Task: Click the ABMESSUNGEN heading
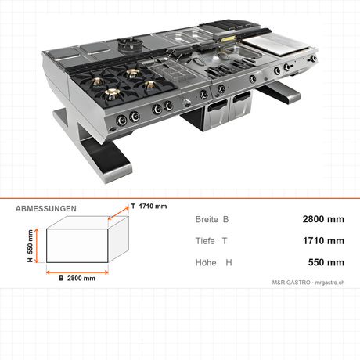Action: click(x=46, y=209)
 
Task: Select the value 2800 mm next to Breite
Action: click(x=323, y=219)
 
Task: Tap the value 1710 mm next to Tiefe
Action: click(x=323, y=241)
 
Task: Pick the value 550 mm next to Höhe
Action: click(x=326, y=262)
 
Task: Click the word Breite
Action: click(x=207, y=219)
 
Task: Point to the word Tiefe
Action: click(x=205, y=241)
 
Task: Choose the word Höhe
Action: click(x=206, y=262)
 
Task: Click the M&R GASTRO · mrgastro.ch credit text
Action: click(x=308, y=283)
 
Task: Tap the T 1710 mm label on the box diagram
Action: click(x=149, y=207)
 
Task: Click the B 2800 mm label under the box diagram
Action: click(x=77, y=279)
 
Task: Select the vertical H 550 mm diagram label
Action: click(x=31, y=246)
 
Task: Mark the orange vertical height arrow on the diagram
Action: click(x=37, y=246)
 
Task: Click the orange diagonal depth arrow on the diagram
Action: click(x=118, y=213)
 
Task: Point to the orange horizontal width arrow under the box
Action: click(x=77, y=272)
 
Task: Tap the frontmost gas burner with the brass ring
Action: click(x=112, y=93)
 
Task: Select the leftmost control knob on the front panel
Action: click(x=121, y=121)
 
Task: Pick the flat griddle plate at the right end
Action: click(x=276, y=45)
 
